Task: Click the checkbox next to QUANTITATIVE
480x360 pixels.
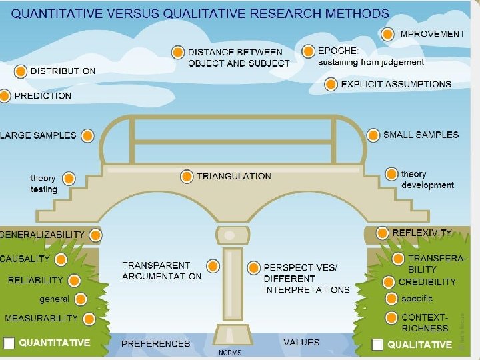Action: click(x=9, y=343)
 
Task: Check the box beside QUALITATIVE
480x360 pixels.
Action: click(x=378, y=344)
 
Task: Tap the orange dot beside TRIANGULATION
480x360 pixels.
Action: click(x=187, y=177)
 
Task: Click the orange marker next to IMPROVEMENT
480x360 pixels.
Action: click(x=387, y=34)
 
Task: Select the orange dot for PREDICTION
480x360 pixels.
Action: click(x=5, y=96)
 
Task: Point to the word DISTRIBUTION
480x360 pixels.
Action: click(x=63, y=71)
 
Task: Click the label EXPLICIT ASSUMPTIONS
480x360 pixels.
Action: click(x=396, y=85)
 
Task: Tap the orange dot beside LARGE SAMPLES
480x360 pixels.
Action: click(x=87, y=136)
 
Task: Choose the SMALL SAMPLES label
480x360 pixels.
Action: click(x=421, y=135)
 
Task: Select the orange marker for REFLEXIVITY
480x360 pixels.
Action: click(x=382, y=233)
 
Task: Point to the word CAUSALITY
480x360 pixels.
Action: click(x=25, y=259)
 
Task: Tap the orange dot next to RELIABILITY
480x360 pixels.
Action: click(x=74, y=281)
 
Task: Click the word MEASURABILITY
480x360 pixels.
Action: click(x=41, y=318)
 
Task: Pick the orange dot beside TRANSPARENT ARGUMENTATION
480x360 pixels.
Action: click(x=212, y=267)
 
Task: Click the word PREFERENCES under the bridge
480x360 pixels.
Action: click(x=155, y=343)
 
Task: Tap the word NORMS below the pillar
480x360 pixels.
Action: click(x=230, y=352)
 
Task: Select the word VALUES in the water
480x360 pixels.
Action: click(x=301, y=343)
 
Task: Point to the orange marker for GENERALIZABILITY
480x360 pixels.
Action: click(x=96, y=235)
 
